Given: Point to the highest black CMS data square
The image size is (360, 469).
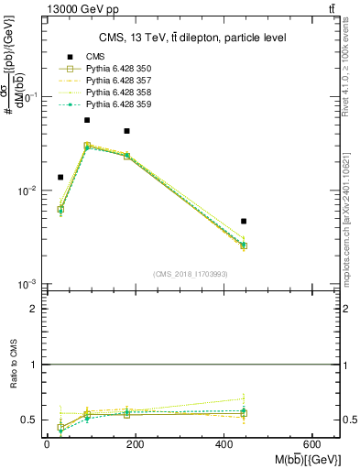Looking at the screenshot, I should click(87, 120).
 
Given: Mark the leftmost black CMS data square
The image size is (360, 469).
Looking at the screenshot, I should click(60, 177).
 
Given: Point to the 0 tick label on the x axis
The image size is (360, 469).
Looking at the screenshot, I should click(47, 444).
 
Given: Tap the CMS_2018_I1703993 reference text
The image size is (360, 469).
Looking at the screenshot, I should click(191, 274).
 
